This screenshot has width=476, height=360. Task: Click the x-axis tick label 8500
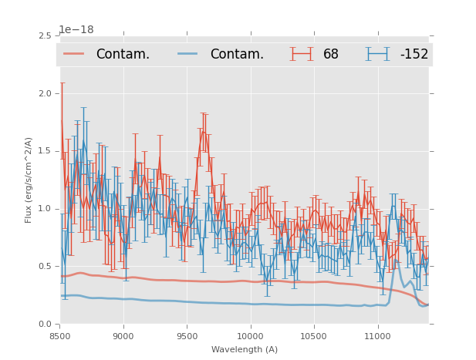click(x=59, y=337)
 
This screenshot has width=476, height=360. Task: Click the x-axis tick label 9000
click(x=123, y=337)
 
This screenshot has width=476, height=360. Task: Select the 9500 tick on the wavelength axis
click(x=187, y=337)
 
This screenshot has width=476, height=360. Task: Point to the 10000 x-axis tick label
click(x=251, y=337)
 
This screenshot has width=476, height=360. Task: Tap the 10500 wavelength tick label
click(x=314, y=337)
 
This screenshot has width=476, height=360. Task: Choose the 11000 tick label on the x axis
click(x=378, y=337)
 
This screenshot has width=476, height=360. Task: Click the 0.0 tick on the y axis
click(x=45, y=325)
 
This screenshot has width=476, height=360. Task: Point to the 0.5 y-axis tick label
click(x=45, y=267)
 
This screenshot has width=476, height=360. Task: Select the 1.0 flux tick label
click(x=45, y=209)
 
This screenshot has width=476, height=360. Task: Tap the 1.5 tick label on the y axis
click(x=45, y=151)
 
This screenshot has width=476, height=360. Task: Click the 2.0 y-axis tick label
click(x=45, y=93)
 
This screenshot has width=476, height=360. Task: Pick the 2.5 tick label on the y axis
click(x=45, y=35)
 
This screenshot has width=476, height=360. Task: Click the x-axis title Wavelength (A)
click(x=245, y=350)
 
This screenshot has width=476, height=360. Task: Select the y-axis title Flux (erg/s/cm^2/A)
click(x=29, y=180)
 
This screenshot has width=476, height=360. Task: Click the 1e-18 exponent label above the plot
click(x=76, y=30)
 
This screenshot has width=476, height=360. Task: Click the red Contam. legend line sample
click(x=75, y=54)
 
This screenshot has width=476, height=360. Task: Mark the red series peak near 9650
click(x=204, y=131)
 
